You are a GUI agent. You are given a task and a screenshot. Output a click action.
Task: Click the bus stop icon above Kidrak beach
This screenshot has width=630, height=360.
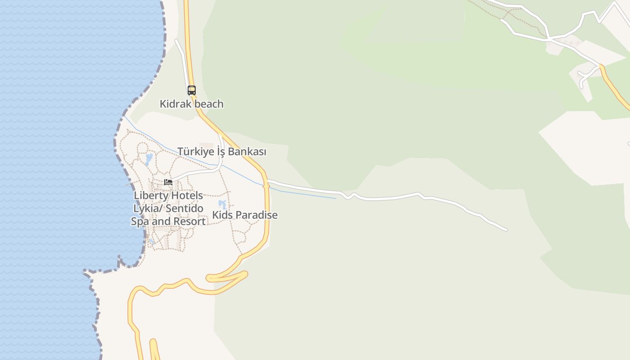(x=192, y=90)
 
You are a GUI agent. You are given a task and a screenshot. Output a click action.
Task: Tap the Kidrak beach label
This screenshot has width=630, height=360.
(x=191, y=104)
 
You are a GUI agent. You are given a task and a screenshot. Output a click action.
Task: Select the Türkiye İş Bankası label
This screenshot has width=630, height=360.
(x=222, y=152)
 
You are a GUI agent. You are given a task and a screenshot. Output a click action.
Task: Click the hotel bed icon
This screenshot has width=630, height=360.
(x=168, y=182)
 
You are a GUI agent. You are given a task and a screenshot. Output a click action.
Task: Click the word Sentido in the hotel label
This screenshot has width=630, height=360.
(x=184, y=209)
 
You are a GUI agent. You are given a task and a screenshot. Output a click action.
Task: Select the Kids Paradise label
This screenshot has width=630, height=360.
(x=245, y=215)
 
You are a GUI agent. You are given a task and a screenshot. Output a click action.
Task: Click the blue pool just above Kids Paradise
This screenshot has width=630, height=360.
(x=222, y=205)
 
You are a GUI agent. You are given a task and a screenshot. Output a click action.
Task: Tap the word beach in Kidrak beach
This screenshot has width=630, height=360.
(x=208, y=104)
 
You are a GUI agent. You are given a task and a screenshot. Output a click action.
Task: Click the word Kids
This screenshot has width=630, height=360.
(x=222, y=215)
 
